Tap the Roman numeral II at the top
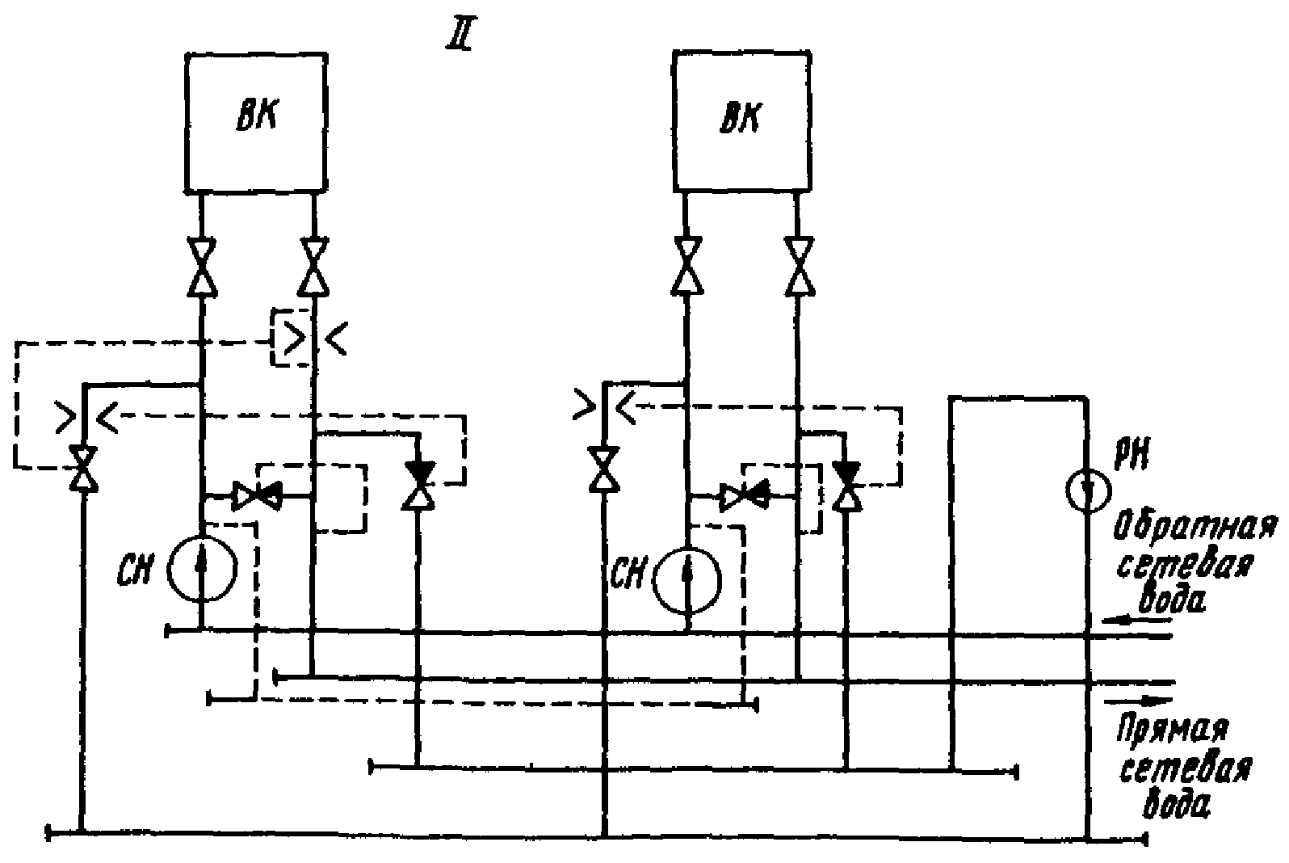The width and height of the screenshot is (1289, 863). (x=460, y=36)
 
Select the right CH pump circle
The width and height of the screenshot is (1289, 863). (x=654, y=580)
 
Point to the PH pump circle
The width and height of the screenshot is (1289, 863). (x=1066, y=491)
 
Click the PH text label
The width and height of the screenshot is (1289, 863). (x=1132, y=455)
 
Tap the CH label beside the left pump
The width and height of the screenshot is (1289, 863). (x=136, y=571)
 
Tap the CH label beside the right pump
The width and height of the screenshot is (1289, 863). (x=628, y=573)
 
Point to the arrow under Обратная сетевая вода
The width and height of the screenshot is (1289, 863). (x=1136, y=621)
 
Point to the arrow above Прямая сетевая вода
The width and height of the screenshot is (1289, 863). (x=1138, y=701)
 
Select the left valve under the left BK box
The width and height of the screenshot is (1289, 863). (x=202, y=267)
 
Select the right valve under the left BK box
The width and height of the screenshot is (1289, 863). (x=314, y=267)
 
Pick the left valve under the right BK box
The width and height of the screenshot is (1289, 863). (x=686, y=266)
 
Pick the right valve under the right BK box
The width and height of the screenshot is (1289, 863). (x=800, y=266)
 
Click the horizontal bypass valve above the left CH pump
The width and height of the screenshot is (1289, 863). (x=257, y=495)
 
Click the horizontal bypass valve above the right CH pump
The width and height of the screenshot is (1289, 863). (x=744, y=496)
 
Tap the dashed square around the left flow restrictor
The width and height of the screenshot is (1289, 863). (x=273, y=339)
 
